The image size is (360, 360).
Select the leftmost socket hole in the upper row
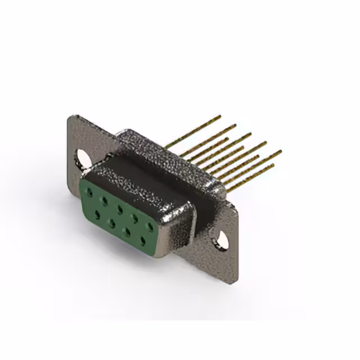coord(89,191)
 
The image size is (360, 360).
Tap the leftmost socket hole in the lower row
coord(97,214)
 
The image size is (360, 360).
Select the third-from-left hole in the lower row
coord(127,231)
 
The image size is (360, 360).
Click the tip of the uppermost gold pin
coord(220,116)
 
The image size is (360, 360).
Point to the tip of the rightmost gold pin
coord(280,151)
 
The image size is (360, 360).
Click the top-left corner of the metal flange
coord(69,117)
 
